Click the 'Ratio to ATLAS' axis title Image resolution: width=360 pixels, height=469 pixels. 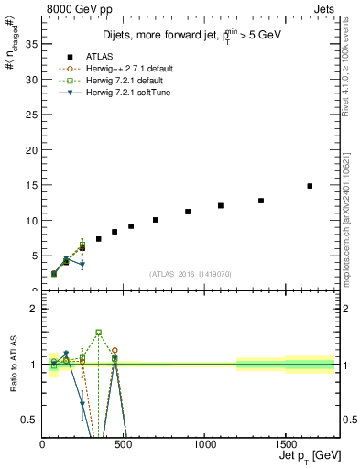pyautogui.click(x=12, y=365)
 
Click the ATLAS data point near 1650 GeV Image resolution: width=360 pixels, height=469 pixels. pyautogui.click(x=310, y=186)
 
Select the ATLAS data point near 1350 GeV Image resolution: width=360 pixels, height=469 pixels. pyautogui.click(x=261, y=201)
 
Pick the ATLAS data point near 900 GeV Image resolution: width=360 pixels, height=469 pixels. pyautogui.click(x=188, y=212)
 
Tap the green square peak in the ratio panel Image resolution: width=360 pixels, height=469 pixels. pyautogui.click(x=98, y=333)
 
